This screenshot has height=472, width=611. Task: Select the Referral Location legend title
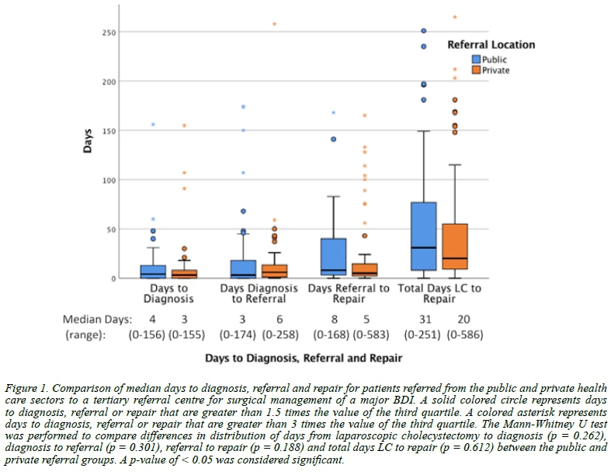(491, 45)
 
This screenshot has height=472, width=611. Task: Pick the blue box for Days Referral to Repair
(332, 256)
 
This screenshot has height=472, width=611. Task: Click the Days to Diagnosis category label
(168, 293)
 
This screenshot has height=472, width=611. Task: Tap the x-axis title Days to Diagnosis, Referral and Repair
(305, 358)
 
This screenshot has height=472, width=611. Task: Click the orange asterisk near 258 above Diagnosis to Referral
(274, 24)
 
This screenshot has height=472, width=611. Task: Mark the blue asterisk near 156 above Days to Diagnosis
(153, 124)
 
